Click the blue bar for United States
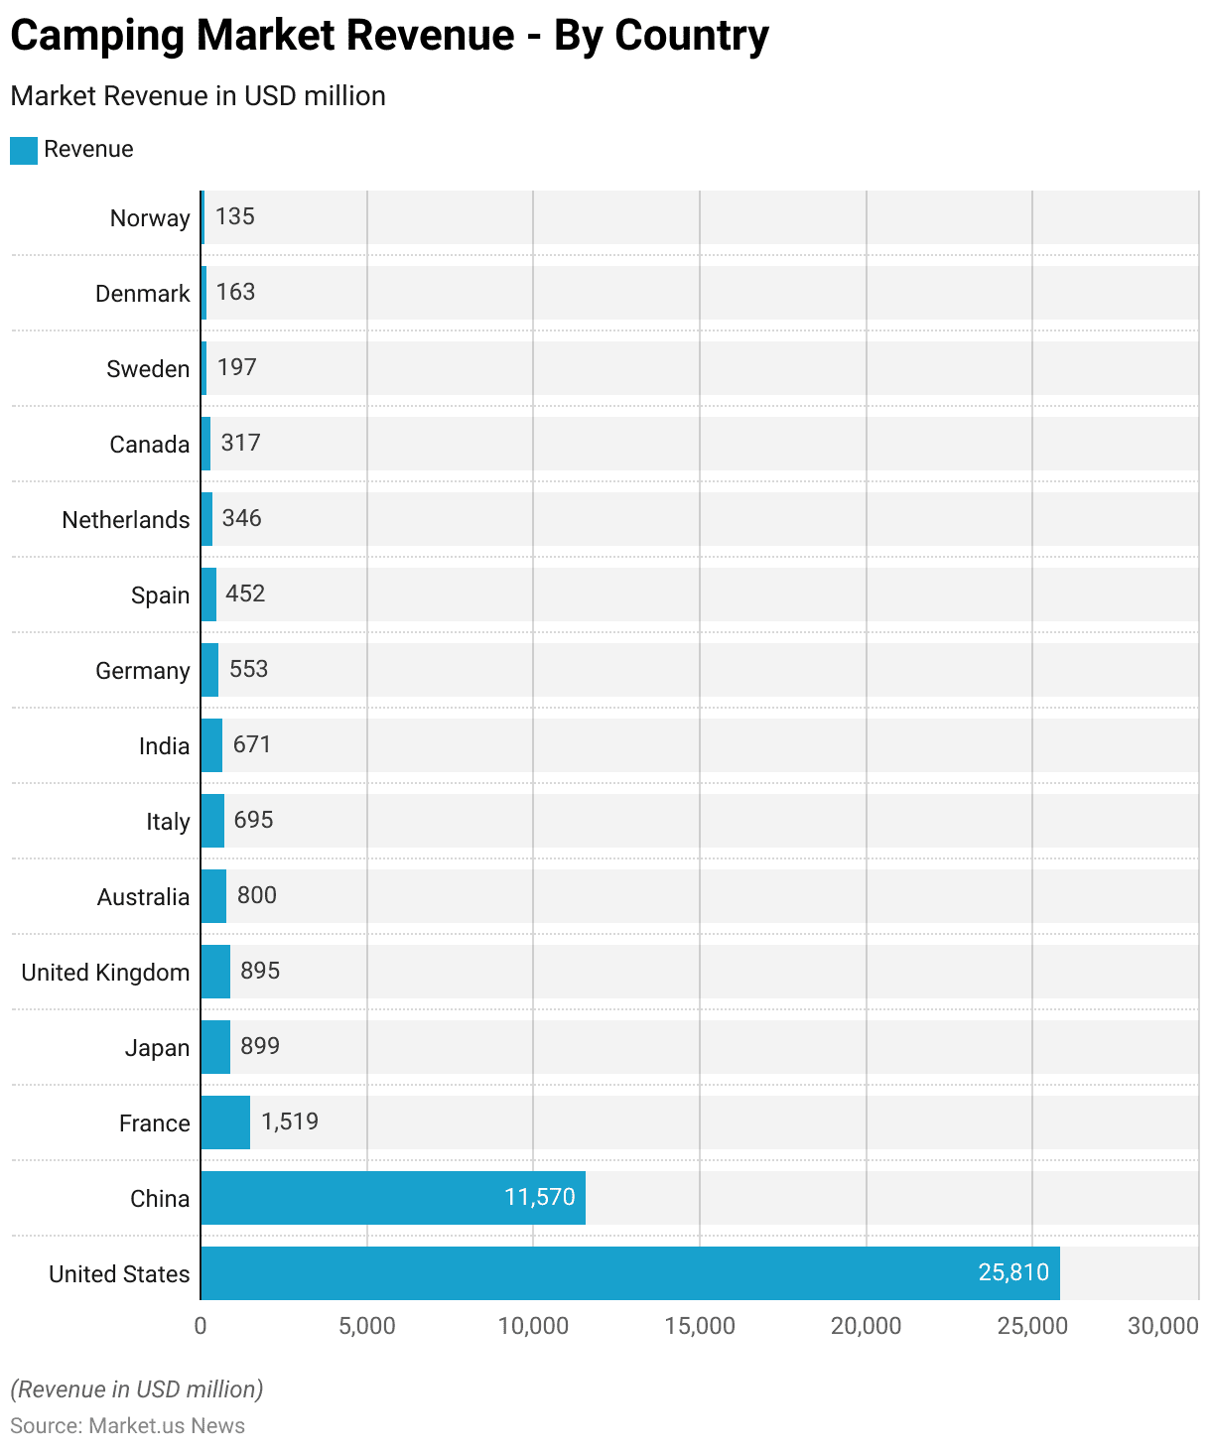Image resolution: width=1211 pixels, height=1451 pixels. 629,1273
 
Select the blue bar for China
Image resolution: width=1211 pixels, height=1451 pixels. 392,1198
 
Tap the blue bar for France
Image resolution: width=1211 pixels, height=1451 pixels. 225,1122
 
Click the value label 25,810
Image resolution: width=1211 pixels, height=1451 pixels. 1013,1272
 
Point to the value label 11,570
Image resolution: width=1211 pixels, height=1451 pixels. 540,1197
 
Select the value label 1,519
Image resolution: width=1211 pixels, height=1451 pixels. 290,1121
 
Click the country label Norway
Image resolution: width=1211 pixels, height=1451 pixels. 150,218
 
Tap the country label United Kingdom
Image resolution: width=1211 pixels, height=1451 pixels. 105,973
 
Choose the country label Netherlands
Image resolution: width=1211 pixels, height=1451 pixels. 126,520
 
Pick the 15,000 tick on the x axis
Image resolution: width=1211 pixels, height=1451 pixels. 700,1326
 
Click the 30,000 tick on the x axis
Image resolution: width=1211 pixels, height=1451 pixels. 1162,1326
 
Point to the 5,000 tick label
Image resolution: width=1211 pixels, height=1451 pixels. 367,1326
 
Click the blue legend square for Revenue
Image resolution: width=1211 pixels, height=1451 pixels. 24,150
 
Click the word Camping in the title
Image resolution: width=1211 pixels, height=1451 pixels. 96,36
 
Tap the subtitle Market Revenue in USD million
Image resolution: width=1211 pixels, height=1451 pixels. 198,96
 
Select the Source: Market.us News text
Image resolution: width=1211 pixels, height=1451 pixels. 127,1426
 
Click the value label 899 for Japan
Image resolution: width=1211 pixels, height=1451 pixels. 260,1046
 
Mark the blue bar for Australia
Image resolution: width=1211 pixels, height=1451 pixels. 213,896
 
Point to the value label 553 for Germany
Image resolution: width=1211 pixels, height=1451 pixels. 248,669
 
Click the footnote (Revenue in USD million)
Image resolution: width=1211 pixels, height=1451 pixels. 137,1389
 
